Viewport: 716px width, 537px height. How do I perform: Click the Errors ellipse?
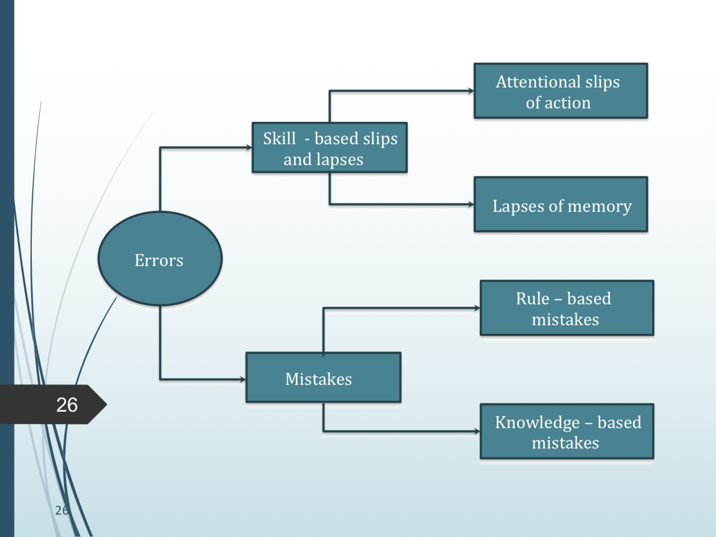pyautogui.click(x=160, y=259)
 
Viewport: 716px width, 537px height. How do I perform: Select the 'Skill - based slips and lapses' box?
pyautogui.click(x=330, y=148)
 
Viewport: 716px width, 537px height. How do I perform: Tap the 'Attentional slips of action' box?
pyautogui.click(x=560, y=91)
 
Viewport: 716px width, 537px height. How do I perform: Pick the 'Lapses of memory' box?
pyautogui.click(x=560, y=205)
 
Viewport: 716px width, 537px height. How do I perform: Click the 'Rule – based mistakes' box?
pyautogui.click(x=567, y=308)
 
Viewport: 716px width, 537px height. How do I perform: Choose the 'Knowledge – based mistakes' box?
pyautogui.click(x=567, y=432)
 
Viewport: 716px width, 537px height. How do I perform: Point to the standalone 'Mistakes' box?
pyautogui.click(x=323, y=378)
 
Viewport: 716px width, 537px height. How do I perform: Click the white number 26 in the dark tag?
pyautogui.click(x=67, y=405)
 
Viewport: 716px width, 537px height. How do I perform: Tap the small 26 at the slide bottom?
pyautogui.click(x=62, y=510)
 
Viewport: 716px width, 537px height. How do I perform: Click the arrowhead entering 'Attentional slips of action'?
pyautogui.click(x=471, y=91)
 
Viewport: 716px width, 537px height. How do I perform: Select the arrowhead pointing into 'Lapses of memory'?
pyautogui.click(x=471, y=204)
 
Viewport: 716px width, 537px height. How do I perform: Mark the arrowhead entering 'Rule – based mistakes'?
pyautogui.click(x=477, y=308)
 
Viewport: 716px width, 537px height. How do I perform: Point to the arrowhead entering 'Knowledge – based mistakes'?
pyautogui.click(x=477, y=431)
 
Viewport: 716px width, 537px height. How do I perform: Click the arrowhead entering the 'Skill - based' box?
pyautogui.click(x=249, y=148)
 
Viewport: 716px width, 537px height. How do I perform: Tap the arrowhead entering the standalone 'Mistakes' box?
pyautogui.click(x=243, y=379)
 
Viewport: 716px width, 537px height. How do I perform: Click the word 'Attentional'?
pyautogui.click(x=530, y=82)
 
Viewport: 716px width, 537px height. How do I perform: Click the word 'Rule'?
pyautogui.click(x=532, y=299)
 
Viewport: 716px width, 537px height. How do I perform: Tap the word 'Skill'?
pyautogui.click(x=279, y=139)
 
